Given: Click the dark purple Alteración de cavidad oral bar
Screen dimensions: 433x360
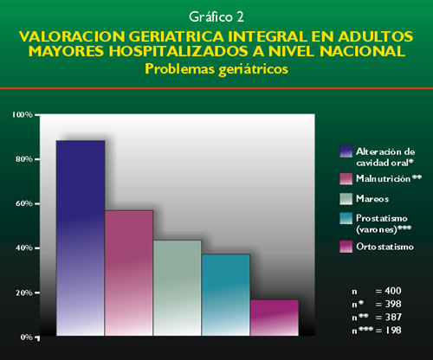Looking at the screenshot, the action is (x=81, y=238).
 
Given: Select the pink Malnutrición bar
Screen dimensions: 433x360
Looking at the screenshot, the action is (x=129, y=273).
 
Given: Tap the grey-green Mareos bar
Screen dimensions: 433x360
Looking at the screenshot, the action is (x=178, y=288).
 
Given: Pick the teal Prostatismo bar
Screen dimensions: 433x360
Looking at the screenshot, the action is (x=226, y=295).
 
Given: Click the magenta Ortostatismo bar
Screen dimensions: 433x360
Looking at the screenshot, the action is (x=275, y=318).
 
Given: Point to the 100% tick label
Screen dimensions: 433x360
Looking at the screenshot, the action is (x=22, y=115).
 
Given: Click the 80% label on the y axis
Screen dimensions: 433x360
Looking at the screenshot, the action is (x=24, y=159).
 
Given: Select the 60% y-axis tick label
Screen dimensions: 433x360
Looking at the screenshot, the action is (x=24, y=203).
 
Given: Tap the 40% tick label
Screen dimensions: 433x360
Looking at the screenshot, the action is (x=24, y=248).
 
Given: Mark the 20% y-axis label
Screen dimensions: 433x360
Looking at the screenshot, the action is (x=24, y=292).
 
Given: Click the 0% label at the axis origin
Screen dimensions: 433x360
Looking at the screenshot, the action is (x=26, y=337).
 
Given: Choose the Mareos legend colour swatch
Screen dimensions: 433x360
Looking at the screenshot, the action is (x=346, y=199).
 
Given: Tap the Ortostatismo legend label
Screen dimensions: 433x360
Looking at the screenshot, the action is (x=385, y=247).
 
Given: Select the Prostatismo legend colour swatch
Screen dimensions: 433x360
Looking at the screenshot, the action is (x=346, y=218).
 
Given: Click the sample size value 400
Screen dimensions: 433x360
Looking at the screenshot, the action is (x=393, y=291).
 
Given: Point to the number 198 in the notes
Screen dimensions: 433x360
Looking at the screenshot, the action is (x=393, y=331).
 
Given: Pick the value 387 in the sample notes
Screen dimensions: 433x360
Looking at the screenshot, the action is (x=393, y=317).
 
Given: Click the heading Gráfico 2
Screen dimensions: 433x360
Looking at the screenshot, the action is (x=216, y=17).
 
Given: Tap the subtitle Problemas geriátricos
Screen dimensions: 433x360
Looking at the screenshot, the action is (x=216, y=69).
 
